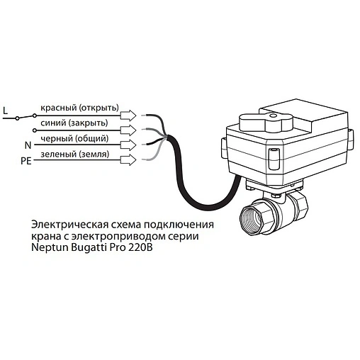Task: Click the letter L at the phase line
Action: [5, 111]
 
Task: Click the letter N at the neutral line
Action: [28, 145]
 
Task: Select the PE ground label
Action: [26, 161]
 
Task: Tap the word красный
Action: [59, 108]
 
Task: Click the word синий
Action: [53, 123]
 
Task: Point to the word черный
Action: [57, 139]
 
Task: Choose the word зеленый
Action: [58, 154]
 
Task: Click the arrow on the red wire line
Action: [128, 116]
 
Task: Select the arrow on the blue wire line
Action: [128, 130]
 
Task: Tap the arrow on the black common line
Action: [128, 145]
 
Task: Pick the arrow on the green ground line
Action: [128, 160]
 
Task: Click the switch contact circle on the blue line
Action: [35, 130]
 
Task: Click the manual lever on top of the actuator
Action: [266, 122]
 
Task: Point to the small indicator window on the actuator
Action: [274, 159]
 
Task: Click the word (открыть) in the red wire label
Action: [99, 108]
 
